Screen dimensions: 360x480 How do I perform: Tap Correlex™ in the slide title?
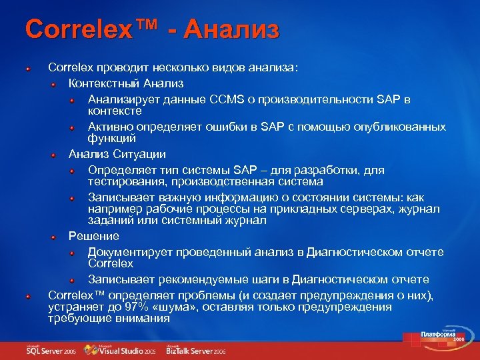click(91, 30)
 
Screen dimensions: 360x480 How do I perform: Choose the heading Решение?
click(94, 236)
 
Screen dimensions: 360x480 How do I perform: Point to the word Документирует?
click(130, 251)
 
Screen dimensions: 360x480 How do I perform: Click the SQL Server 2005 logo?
click(51, 349)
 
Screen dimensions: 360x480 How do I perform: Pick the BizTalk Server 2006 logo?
click(196, 349)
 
